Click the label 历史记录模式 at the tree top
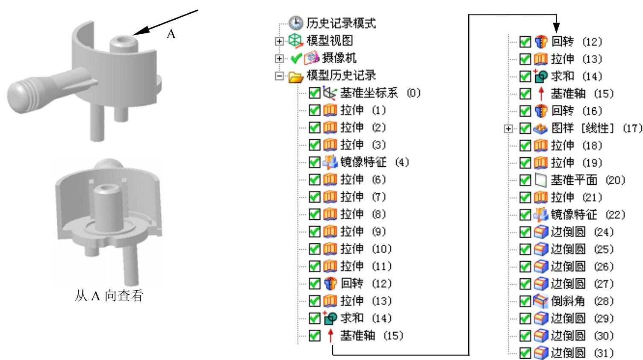341,23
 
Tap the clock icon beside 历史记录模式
296,23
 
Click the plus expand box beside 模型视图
279,41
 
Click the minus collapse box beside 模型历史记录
279,76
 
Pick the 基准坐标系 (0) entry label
380,93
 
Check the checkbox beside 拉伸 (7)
314,197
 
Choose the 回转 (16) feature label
576,111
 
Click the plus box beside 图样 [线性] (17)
508,128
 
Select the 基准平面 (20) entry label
587,180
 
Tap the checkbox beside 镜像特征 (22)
525,215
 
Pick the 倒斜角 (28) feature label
582,301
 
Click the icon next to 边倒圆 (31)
541,353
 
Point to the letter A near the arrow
171,34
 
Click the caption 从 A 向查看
109,295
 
